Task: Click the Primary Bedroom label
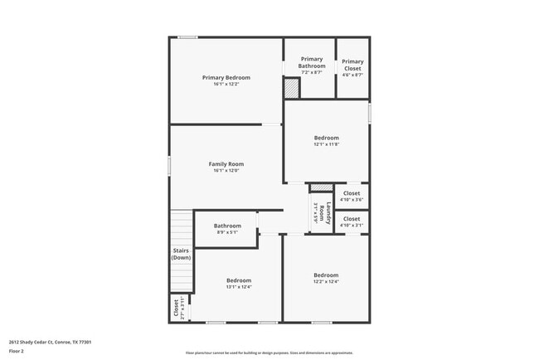point(226,77)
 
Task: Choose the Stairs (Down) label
point(181,254)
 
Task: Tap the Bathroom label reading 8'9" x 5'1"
point(227,226)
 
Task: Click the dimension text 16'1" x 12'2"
point(226,84)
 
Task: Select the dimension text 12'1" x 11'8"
point(326,144)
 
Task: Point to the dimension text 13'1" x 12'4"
point(239,287)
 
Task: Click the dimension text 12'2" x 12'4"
point(326,282)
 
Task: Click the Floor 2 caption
point(16,351)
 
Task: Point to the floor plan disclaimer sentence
point(269,353)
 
